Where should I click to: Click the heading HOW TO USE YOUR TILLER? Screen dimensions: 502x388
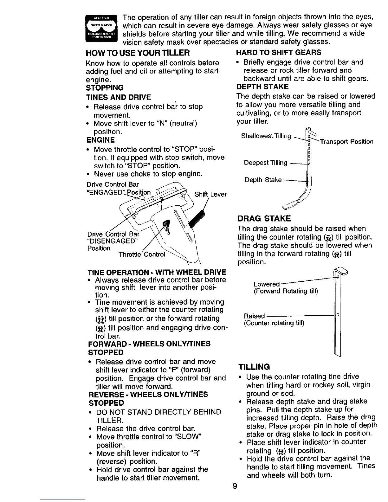coord(138,52)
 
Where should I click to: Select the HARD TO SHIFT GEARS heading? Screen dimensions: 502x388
coord(279,52)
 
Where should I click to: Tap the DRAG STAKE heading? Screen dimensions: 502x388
coord(264,219)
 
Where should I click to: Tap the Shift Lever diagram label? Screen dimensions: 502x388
coord(210,194)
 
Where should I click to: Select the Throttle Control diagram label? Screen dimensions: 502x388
coord(142,254)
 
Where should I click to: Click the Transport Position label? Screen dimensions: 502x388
coord(346,142)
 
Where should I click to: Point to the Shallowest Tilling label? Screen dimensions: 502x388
coord(266,136)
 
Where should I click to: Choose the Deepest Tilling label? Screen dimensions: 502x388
coord(266,163)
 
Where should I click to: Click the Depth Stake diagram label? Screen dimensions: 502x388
coord(263,180)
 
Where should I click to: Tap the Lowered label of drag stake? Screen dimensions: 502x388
coord(267,284)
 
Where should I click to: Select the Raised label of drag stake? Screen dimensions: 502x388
coord(254,316)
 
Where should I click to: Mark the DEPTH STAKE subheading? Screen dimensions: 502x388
coord(262,87)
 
